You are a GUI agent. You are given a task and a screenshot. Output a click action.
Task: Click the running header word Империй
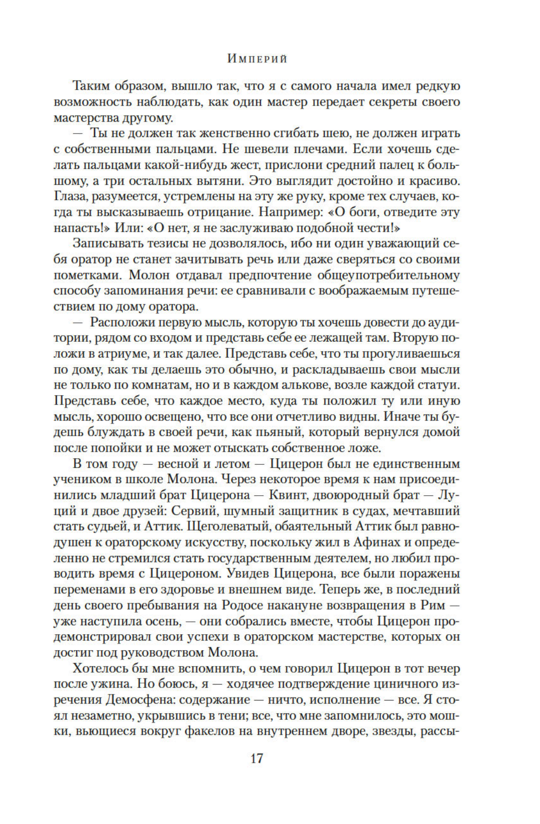click(x=257, y=58)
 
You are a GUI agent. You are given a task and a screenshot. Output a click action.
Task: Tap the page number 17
click(x=257, y=758)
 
